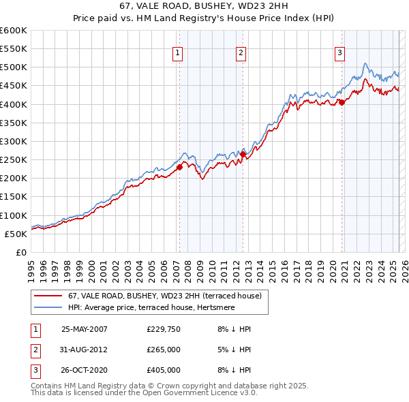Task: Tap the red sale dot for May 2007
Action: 180,167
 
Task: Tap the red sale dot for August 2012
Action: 243,155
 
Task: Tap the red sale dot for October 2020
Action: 342,103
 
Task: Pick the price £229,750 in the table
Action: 163,328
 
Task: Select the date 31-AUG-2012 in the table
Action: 85,350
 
